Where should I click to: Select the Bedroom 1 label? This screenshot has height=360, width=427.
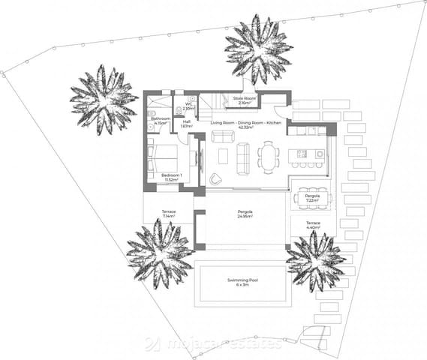pyautogui.click(x=173, y=178)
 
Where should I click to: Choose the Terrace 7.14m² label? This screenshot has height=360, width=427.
pyautogui.click(x=168, y=214)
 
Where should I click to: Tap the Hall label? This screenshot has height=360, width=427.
pyautogui.click(x=186, y=124)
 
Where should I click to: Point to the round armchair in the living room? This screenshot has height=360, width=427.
pyautogui.click(x=216, y=178)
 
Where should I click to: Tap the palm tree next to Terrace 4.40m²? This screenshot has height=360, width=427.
pyautogui.click(x=316, y=260)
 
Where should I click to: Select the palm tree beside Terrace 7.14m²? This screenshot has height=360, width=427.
pyautogui.click(x=159, y=253)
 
